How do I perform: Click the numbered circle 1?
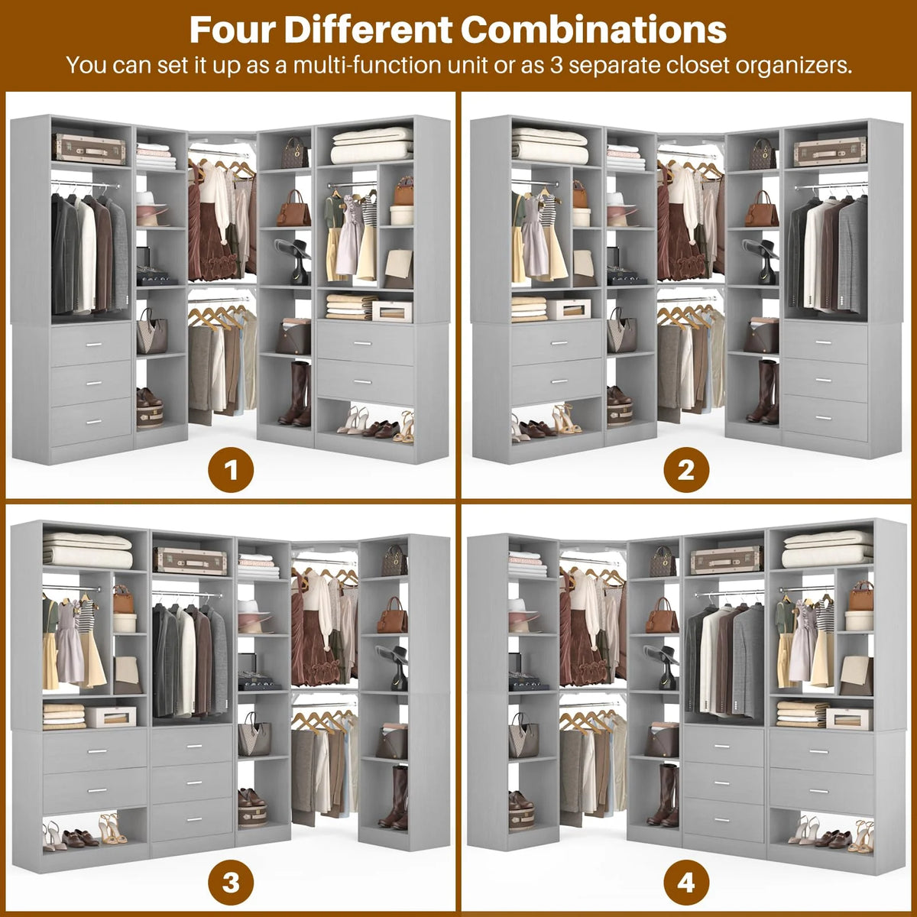[231, 471]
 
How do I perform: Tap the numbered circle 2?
[686, 471]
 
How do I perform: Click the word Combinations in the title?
[594, 29]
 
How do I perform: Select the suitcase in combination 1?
[89, 148]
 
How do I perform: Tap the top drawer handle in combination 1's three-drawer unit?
[94, 344]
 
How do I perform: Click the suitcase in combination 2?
[829, 151]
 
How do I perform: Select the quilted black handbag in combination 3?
[394, 559]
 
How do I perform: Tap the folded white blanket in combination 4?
[827, 549]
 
